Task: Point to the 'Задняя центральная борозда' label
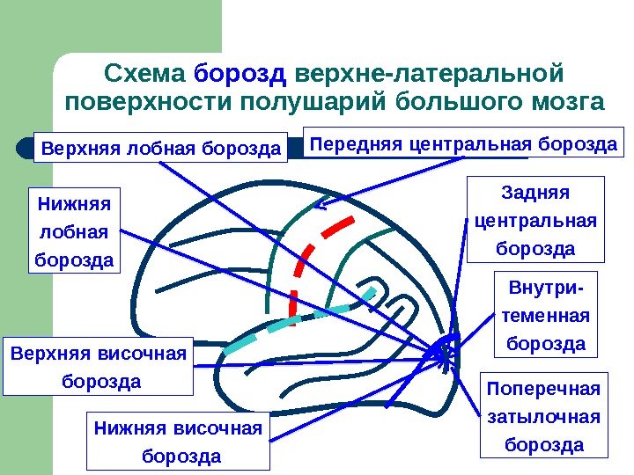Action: coord(535,220)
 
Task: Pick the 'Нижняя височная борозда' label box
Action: coord(178,442)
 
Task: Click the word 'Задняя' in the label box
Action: coord(535,193)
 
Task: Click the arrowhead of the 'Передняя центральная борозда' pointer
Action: coord(321,208)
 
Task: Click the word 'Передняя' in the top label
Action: coord(353,142)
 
